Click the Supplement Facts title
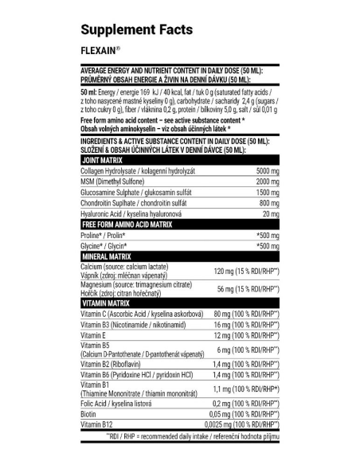tap(136, 30)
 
